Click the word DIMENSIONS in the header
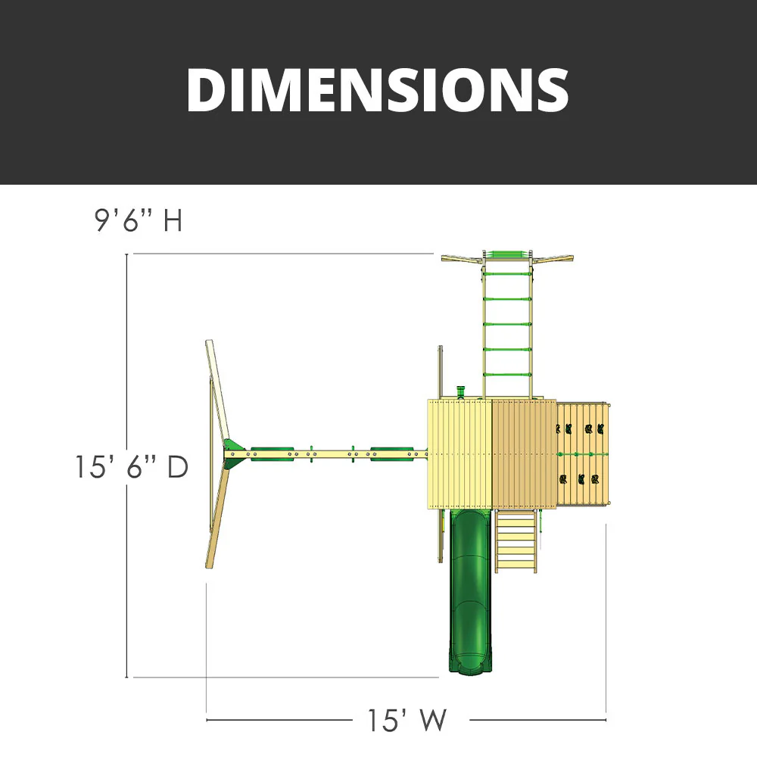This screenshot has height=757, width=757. coord(377,90)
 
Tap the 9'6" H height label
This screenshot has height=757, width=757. coord(139,221)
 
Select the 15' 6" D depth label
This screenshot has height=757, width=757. coord(131,466)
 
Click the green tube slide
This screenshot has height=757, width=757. coord(471,590)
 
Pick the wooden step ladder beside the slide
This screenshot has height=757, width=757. coord(516,541)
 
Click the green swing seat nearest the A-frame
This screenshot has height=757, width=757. coord(272,453)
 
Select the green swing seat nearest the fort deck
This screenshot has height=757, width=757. coord(391,453)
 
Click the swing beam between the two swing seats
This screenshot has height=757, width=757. coord(332,453)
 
